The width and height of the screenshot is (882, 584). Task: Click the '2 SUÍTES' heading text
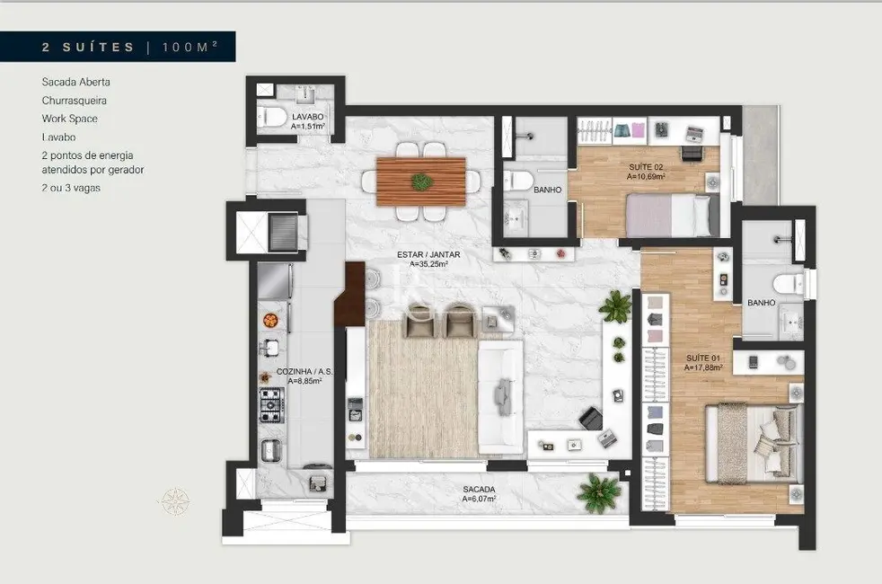pos(88,47)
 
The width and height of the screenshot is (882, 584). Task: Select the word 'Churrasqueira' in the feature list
pos(75,100)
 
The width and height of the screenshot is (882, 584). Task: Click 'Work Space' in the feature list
pos(69,119)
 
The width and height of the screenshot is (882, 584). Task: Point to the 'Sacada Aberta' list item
pos(75,82)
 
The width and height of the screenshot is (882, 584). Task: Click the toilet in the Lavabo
pos(271,116)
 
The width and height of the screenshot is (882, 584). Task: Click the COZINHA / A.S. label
pos(299,376)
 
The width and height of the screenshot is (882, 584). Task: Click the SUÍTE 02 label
pos(645,172)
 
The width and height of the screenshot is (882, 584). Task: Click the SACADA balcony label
pos(480,493)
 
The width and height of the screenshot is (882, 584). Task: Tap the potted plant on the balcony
pos(598,493)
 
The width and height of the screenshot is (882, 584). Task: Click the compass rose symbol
pos(174,500)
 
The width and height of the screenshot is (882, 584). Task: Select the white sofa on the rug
pos(500,396)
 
